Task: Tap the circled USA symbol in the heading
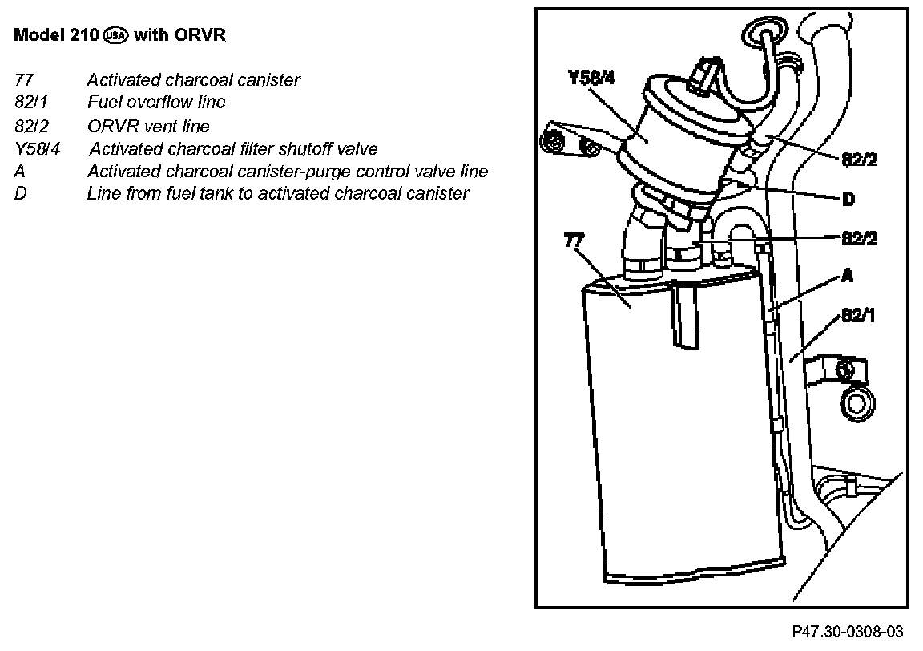(117, 36)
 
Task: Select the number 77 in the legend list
(23, 80)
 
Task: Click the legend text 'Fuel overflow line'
(156, 103)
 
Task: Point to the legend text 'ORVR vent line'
(148, 126)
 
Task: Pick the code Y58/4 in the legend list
(37, 149)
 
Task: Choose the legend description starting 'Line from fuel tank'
(277, 194)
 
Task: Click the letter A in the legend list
(20, 172)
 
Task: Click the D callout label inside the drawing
(848, 199)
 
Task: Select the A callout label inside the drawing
(847, 277)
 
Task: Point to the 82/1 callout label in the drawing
(858, 316)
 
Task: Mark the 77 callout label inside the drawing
(574, 240)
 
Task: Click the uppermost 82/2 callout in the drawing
(860, 160)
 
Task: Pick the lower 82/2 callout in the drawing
(859, 238)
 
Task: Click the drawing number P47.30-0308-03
(848, 632)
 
